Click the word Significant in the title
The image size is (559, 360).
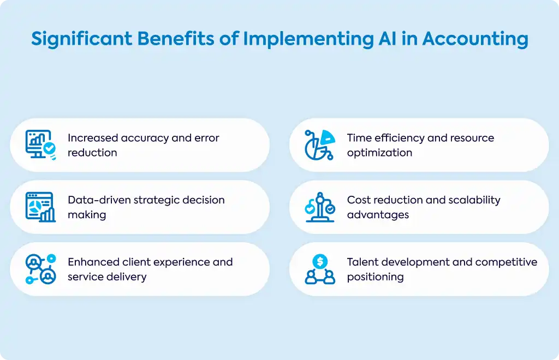[82, 39]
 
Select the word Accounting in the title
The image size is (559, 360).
[475, 39]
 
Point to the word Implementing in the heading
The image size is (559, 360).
[308, 39]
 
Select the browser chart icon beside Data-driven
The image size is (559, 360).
[40, 207]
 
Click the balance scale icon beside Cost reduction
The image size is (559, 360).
[320, 207]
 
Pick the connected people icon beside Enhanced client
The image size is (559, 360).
[40, 269]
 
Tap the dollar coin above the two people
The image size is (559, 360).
[320, 262]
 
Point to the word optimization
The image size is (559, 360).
[380, 153]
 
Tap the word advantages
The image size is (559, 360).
[378, 215]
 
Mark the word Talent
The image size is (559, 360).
[359, 262]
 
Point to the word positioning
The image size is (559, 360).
[376, 277]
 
